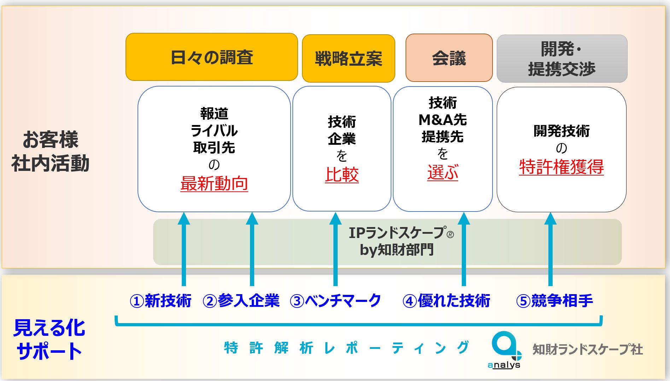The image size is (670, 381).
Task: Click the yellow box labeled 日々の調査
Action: (211, 57)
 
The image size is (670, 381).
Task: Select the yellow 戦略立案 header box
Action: (348, 58)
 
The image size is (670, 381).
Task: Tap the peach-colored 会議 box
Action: (449, 58)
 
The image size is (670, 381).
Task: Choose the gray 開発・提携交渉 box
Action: (562, 59)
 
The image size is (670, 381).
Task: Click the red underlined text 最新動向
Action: (214, 184)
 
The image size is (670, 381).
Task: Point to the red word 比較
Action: (342, 175)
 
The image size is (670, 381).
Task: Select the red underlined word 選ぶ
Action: (442, 173)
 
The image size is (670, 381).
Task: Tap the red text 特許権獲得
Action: (561, 167)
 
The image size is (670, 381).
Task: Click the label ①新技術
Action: (161, 301)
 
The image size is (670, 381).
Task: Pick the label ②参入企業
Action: (241, 301)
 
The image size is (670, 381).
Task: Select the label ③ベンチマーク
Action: (335, 301)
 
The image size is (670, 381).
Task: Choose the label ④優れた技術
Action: (446, 301)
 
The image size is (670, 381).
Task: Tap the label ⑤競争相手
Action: (554, 301)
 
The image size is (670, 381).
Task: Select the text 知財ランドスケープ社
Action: (587, 349)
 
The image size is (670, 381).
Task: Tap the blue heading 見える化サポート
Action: (49, 339)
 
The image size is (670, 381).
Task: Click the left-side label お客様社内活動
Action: (50, 151)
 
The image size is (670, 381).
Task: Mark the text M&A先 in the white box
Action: (442, 120)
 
